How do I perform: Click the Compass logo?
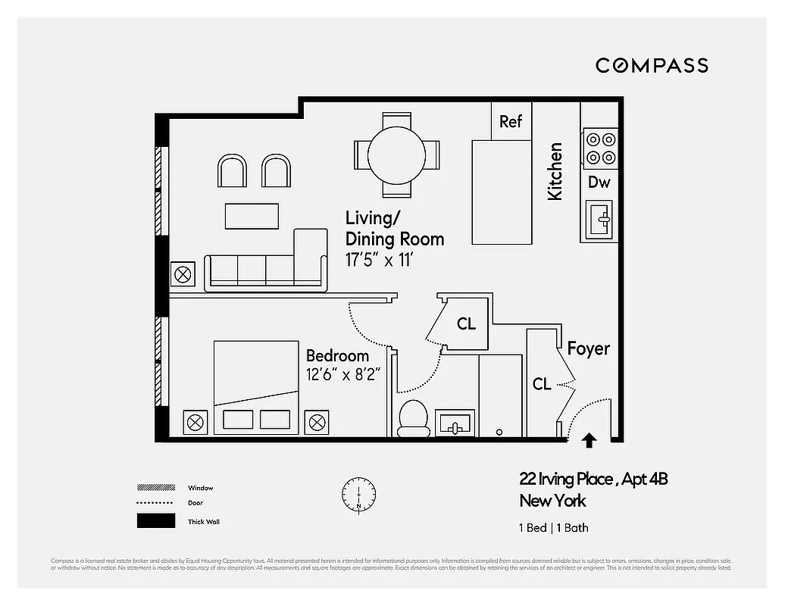652,65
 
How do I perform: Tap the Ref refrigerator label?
511,121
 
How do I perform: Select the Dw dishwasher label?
599,182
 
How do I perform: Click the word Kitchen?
555,171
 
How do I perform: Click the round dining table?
397,155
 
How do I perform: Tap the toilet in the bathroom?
414,418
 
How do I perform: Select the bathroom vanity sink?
455,423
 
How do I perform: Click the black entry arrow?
589,439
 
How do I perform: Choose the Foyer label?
589,348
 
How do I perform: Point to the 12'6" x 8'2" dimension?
342,373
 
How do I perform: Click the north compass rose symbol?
358,493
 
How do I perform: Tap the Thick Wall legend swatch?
151,521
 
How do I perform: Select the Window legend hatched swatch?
151,488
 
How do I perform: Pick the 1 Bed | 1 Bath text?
553,528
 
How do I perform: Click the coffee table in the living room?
252,215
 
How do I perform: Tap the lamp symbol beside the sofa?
183,274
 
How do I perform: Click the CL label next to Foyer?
541,384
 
